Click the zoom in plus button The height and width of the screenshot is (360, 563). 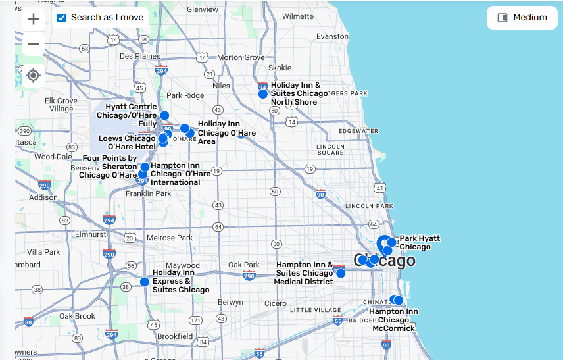[x=34, y=19]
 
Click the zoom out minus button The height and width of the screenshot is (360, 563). [x=34, y=44]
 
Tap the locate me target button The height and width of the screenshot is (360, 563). [x=34, y=76]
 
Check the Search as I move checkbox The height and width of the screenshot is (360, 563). [x=62, y=18]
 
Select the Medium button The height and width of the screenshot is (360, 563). [x=522, y=18]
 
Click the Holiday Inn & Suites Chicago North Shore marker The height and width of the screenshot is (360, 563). [x=263, y=94]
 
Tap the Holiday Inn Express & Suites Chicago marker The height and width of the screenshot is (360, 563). [x=145, y=282]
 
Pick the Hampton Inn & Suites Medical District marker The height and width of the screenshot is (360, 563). [x=341, y=273]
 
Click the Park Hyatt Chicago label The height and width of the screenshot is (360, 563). [x=420, y=242]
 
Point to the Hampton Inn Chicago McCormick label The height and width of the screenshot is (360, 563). [x=393, y=320]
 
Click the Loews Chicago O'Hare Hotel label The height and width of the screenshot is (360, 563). [x=127, y=142]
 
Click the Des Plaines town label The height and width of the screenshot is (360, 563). [x=139, y=57]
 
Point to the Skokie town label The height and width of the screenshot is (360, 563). [x=280, y=68]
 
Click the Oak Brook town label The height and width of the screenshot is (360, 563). [x=77, y=316]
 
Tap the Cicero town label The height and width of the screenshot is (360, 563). [x=275, y=303]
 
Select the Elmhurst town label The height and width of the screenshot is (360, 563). [x=91, y=234]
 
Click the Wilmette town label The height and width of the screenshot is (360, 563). [x=298, y=16]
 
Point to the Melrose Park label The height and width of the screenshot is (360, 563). [x=170, y=238]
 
